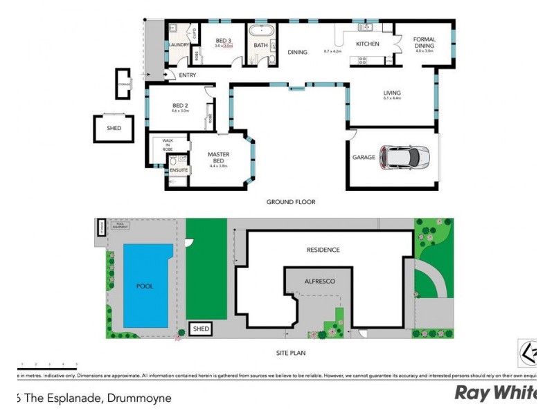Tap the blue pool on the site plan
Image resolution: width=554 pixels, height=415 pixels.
tap(145, 285)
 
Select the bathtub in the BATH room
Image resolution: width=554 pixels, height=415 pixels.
tap(261, 33)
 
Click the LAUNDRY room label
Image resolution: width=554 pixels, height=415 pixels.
tap(179, 46)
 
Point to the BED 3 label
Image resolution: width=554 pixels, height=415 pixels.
tap(222, 41)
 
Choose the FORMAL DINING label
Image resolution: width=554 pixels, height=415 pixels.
tap(424, 43)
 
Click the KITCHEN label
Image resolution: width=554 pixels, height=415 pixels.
tap(367, 44)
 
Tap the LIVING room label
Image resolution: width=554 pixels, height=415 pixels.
tap(392, 93)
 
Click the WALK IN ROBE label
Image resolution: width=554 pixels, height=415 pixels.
tap(167, 145)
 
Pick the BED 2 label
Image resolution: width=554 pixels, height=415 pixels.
tap(180, 106)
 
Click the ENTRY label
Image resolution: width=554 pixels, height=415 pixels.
tap(188, 75)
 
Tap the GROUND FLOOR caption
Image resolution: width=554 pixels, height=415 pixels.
tap(291, 202)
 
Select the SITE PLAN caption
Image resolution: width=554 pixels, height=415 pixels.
tap(290, 353)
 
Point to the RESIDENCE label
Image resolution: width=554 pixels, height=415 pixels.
tap(323, 250)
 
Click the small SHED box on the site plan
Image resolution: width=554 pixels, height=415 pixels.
tap(201, 329)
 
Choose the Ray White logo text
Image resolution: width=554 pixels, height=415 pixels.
tap(494, 393)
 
